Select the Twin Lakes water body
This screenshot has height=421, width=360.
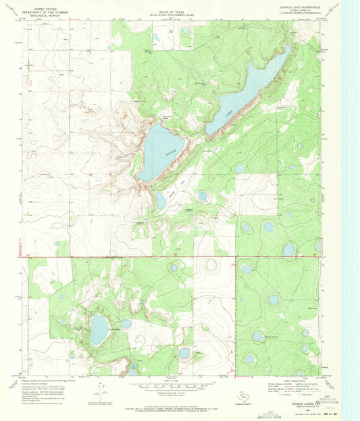pos(99,329)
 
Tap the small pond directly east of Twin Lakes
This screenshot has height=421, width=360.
pos(126,324)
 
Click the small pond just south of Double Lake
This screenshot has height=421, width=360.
pos(160,200)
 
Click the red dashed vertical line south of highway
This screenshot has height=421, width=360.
pos(236,310)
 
